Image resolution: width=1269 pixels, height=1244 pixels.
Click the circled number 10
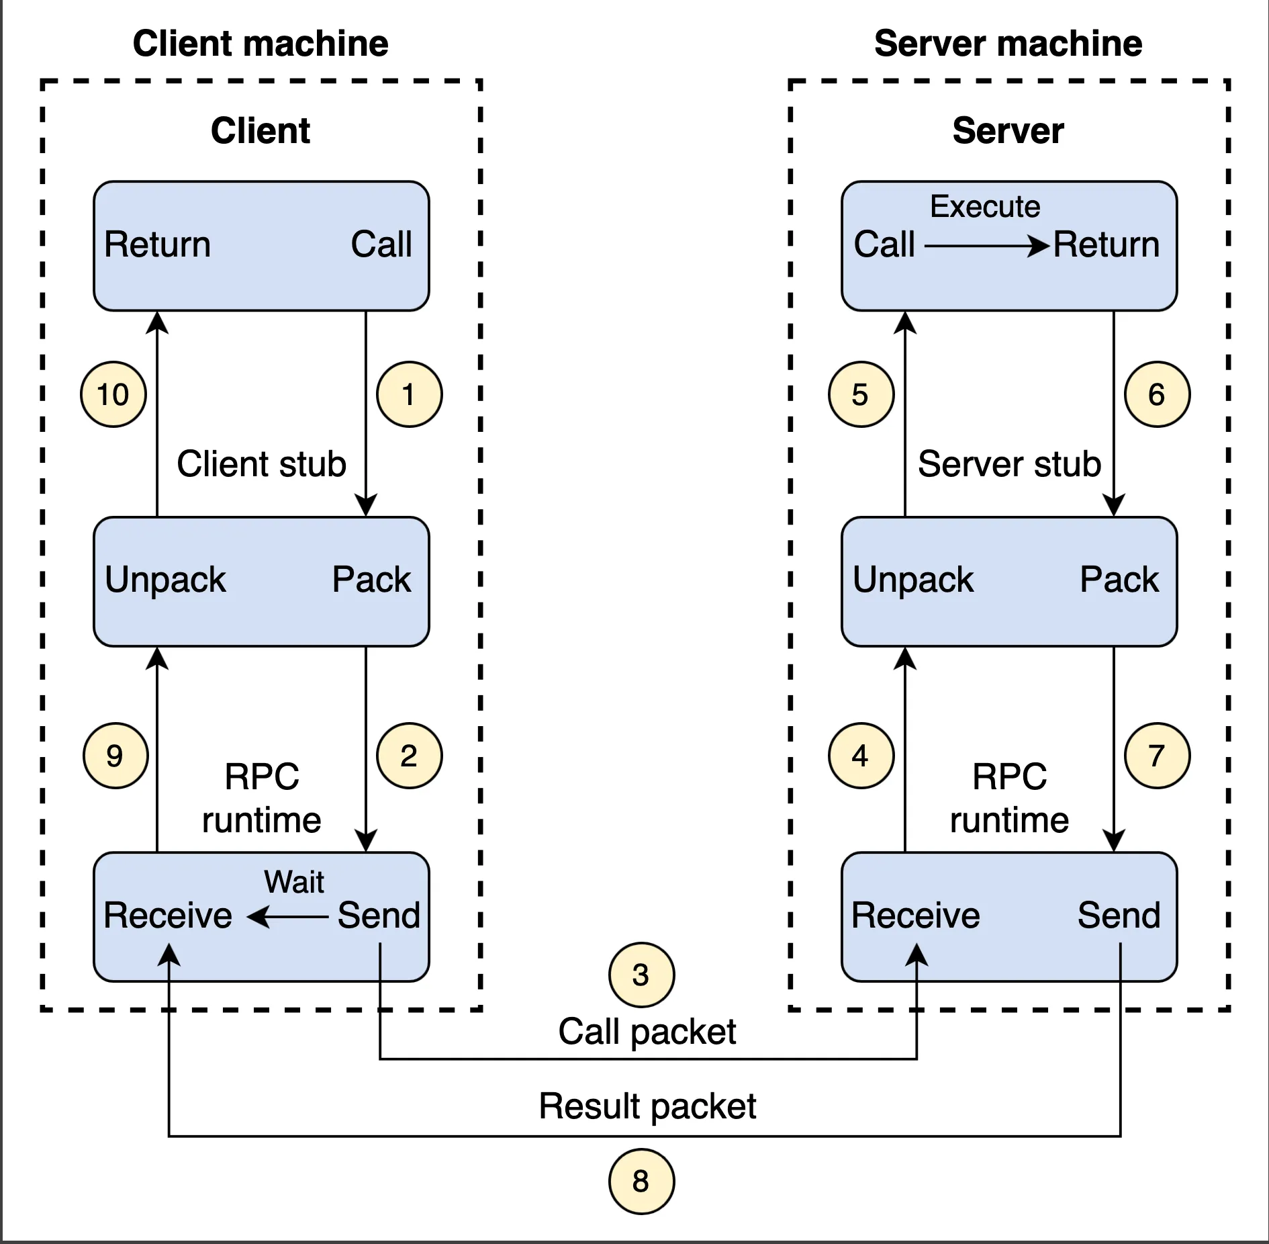[113, 394]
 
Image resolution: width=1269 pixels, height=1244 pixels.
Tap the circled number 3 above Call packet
[641, 975]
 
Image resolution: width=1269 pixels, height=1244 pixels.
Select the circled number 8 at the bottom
[641, 1181]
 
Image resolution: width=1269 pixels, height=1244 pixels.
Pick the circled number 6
[1157, 394]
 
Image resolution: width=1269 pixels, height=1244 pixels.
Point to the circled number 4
[861, 756]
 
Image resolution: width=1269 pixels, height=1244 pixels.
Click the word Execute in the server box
[984, 206]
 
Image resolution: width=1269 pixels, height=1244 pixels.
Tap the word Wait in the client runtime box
[294, 882]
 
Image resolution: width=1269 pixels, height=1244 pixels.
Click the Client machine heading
[261, 44]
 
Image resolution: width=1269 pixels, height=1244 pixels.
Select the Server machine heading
[1008, 44]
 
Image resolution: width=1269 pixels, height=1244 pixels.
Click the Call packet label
[647, 1032]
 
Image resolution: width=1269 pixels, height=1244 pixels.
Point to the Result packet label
[647, 1106]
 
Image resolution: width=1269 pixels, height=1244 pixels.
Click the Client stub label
[261, 464]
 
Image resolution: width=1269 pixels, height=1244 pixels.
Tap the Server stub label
[1009, 464]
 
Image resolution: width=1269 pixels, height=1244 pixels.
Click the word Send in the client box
[379, 915]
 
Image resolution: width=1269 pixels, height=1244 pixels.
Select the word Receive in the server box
[915, 915]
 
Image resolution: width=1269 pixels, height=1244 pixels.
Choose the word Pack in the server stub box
[1119, 579]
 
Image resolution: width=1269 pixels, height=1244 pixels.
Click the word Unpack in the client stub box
[165, 579]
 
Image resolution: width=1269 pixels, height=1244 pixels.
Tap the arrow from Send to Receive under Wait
[288, 916]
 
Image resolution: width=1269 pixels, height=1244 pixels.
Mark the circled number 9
[115, 756]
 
